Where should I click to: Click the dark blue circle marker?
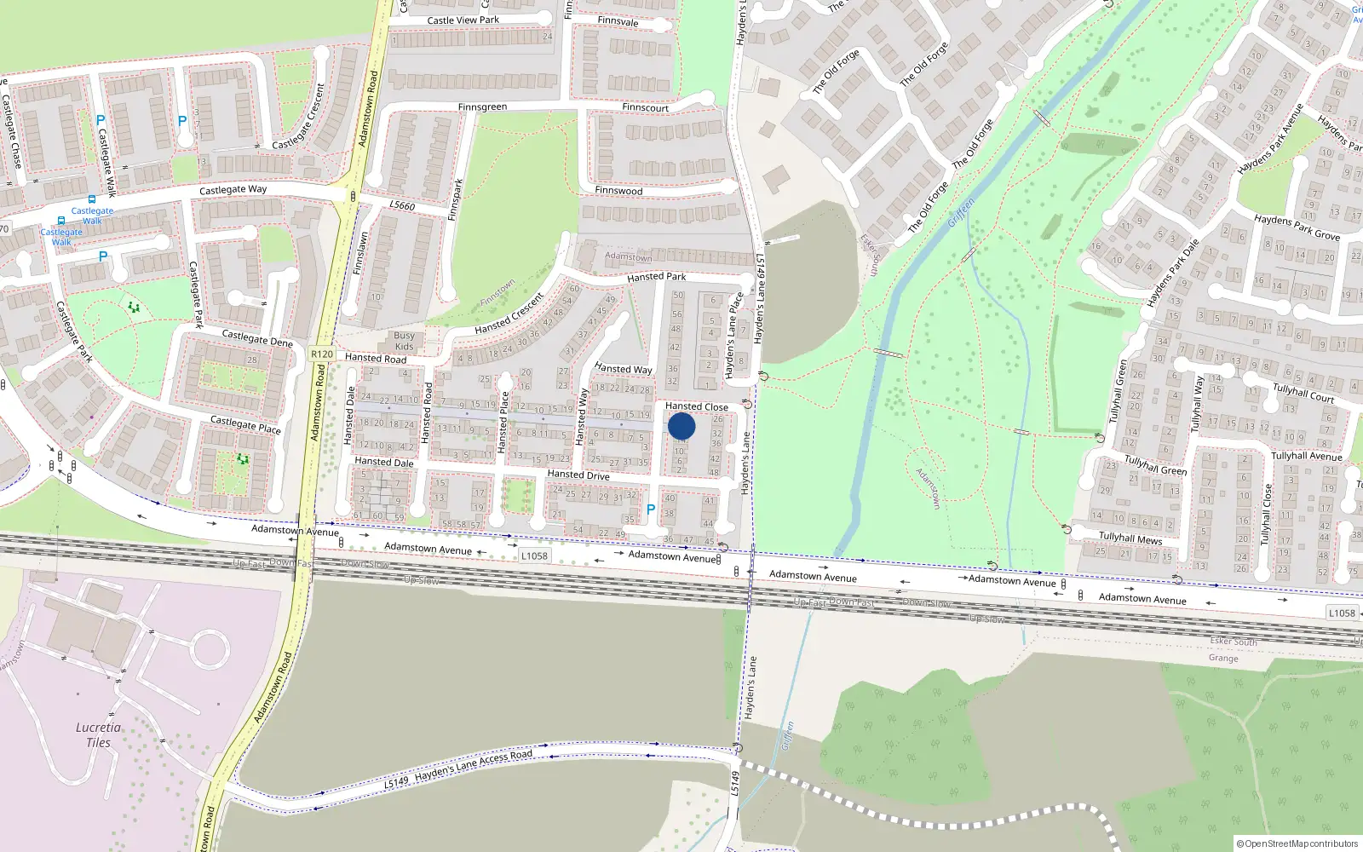(681, 426)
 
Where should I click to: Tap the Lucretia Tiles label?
(98, 734)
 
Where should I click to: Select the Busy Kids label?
(404, 341)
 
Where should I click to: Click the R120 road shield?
(322, 354)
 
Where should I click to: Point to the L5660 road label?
(402, 205)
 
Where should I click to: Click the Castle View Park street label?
(463, 20)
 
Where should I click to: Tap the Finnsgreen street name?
(482, 107)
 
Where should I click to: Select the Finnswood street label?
(618, 191)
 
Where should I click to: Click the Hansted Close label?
(696, 406)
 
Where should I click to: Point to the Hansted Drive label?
(578, 475)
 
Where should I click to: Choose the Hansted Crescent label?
(509, 314)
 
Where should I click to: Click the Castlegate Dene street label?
(257, 338)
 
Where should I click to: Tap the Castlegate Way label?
(233, 190)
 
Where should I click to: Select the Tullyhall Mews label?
(1130, 538)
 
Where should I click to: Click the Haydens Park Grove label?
(1297, 227)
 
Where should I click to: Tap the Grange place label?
(1223, 658)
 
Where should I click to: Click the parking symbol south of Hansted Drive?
(651, 509)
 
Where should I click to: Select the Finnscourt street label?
(645, 107)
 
